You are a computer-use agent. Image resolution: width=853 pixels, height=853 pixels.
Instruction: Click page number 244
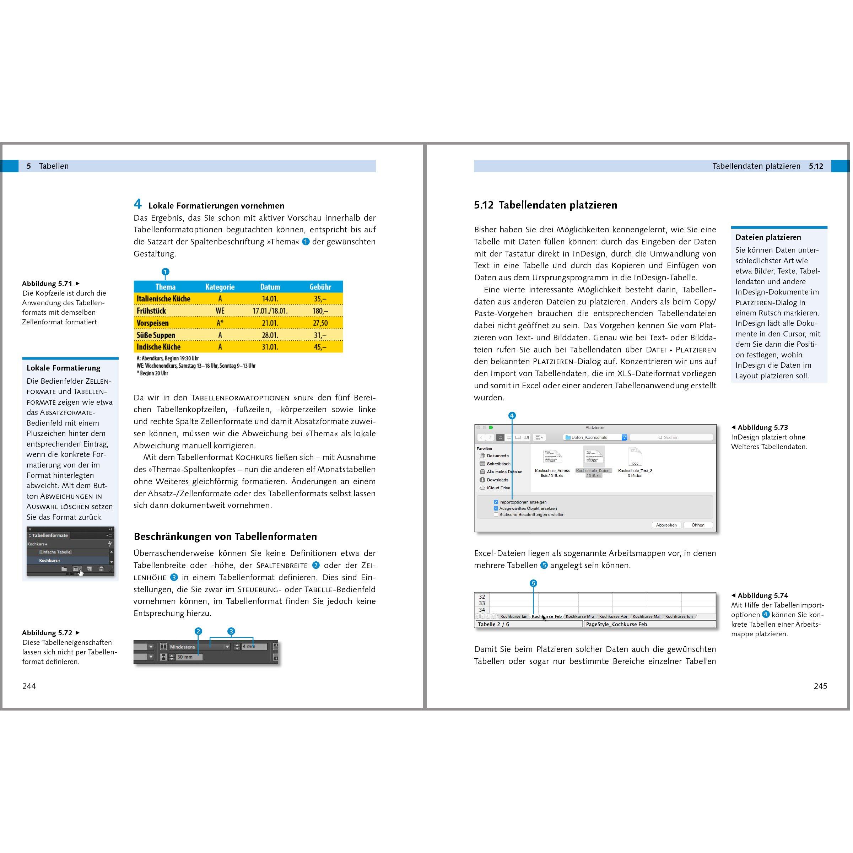coord(29,686)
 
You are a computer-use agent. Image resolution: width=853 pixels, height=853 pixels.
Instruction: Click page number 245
coord(820,686)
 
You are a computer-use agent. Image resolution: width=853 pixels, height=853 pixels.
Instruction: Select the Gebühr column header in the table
coord(320,287)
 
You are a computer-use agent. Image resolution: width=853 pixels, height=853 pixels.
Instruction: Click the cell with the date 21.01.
coord(270,323)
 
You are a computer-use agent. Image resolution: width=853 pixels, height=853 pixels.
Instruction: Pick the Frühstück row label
coord(151,311)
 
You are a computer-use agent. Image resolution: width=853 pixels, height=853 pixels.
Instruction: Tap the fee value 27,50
coord(320,323)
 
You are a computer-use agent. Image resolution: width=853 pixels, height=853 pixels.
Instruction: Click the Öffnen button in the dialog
coord(698,525)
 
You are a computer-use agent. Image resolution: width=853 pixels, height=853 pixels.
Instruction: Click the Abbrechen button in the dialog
coord(666,525)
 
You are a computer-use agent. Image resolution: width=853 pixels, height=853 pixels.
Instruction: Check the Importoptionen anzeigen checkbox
coord(496,502)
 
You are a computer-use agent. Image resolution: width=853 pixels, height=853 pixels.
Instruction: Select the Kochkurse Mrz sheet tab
coord(580,616)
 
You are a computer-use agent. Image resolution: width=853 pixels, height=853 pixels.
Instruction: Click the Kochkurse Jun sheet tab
coord(679,616)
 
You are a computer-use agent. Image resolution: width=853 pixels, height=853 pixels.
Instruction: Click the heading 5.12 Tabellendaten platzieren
coord(545,205)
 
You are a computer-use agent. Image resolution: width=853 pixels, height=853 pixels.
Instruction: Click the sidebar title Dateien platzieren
coord(768,237)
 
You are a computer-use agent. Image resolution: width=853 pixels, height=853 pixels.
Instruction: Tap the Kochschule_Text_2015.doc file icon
coord(635,457)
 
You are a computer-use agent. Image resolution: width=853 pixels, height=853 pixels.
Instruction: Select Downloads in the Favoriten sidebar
coord(497,480)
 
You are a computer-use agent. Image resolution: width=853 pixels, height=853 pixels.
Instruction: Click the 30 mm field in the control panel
coord(189,657)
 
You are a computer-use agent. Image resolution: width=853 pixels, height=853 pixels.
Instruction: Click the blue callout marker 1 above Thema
coord(165,271)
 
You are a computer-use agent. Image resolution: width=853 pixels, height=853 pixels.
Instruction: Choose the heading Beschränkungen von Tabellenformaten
coord(225,536)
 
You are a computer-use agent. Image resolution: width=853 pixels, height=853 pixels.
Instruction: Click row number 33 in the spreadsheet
coord(482,603)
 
